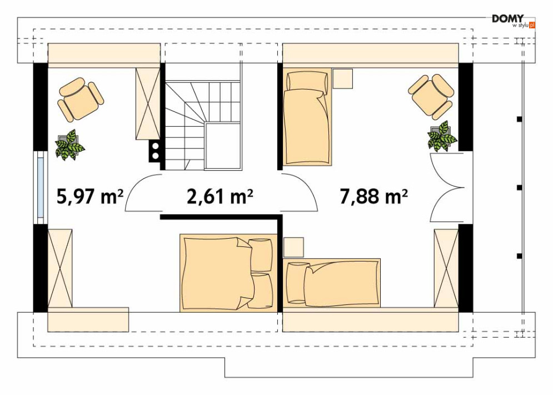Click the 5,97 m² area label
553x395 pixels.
[90, 196]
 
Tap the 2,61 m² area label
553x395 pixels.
[220, 196]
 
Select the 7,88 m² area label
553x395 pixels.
[374, 196]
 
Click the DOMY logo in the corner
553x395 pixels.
[514, 21]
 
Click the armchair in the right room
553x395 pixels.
[431, 97]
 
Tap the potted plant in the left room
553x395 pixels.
[69, 145]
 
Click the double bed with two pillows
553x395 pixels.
[228, 273]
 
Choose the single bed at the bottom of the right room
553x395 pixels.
[331, 283]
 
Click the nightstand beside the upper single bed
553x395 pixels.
[343, 78]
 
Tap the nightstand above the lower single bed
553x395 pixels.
[293, 247]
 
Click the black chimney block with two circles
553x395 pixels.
[155, 151]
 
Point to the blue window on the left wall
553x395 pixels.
[41, 188]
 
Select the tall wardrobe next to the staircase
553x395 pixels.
[148, 104]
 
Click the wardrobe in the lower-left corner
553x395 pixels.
[60, 268]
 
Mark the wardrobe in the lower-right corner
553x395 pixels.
[446, 268]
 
